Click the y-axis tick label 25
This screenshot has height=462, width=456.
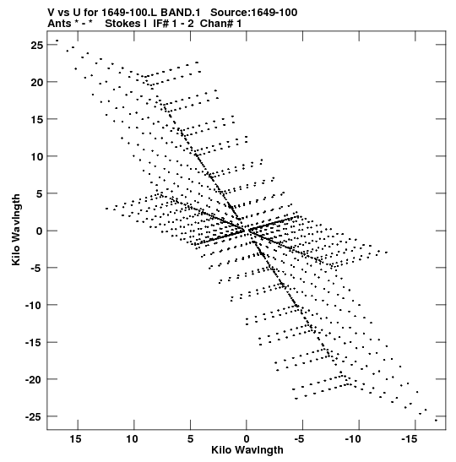click(x=36, y=45)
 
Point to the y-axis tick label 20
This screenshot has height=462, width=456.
click(x=36, y=82)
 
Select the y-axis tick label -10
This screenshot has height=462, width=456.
click(x=33, y=305)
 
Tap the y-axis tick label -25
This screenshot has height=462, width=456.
click(x=33, y=416)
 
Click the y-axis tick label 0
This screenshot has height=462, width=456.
click(x=40, y=231)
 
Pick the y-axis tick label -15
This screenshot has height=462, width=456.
click(x=33, y=342)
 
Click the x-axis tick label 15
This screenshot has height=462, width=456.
click(x=75, y=439)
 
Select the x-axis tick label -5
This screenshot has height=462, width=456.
click(x=299, y=439)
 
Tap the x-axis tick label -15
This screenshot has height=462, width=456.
click(x=410, y=439)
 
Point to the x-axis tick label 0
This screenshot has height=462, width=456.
click(x=247, y=439)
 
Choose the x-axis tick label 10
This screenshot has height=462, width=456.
click(x=132, y=439)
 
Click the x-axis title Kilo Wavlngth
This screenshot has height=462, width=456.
click(x=247, y=450)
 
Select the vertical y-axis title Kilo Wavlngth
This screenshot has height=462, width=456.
click(x=16, y=230)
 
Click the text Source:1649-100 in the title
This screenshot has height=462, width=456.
click(x=254, y=13)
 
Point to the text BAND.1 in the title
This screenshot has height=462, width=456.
click(x=180, y=13)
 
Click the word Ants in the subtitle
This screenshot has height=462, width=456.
click(x=59, y=24)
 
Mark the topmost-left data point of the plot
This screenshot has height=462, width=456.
click(x=57, y=41)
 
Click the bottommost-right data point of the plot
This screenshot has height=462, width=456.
click(x=436, y=421)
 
